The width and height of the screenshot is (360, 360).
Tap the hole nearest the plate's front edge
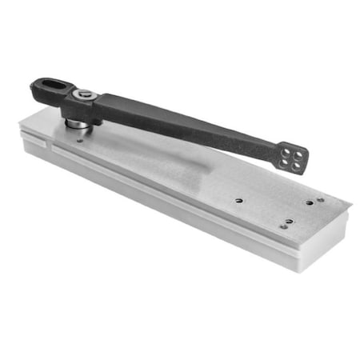[x=282, y=226]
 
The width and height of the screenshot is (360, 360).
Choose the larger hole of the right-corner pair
[x=309, y=202]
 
